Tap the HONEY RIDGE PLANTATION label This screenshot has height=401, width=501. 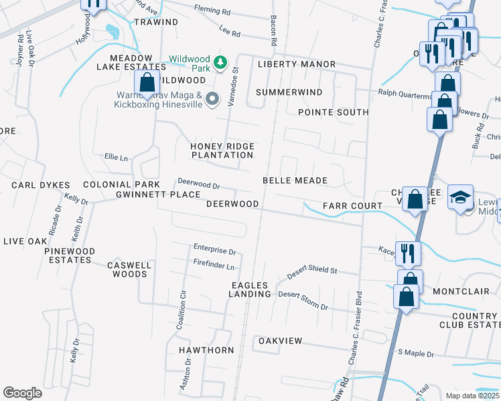point(222,150)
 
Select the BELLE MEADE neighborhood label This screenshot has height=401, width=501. point(295,180)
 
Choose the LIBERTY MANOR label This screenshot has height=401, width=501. point(297,64)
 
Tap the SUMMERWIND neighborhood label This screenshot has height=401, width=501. point(289,92)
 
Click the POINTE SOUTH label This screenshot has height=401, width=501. point(333,112)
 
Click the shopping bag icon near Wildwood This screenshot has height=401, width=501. point(146,83)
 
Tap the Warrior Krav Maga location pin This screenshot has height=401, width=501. point(212,100)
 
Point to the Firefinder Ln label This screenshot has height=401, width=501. point(214,266)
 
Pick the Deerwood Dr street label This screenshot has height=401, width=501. point(198,183)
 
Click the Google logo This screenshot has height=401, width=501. point(22,392)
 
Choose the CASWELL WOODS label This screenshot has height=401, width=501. point(127,269)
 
